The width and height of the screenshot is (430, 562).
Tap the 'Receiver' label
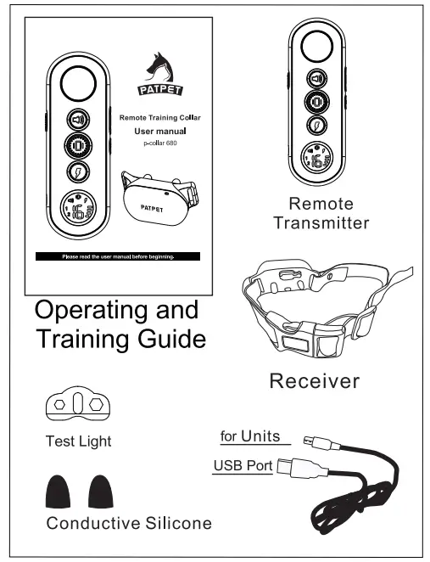[314, 380]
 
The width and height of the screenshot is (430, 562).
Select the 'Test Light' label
[78, 441]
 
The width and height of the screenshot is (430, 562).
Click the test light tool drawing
[76, 407]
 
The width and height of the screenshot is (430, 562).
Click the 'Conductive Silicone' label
[129, 523]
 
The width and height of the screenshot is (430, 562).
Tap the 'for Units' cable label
[248, 436]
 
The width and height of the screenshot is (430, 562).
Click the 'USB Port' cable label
[242, 465]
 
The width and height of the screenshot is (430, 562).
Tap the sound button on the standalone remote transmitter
[316, 80]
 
